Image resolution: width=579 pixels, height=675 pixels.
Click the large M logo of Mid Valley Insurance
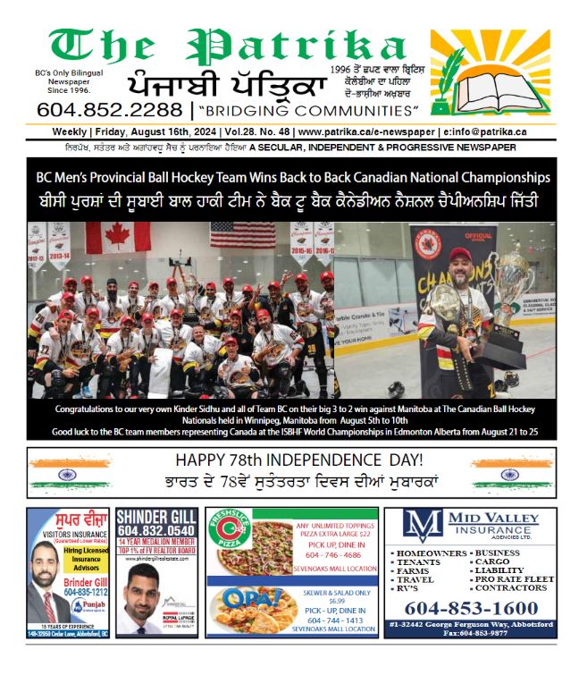(422, 526)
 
